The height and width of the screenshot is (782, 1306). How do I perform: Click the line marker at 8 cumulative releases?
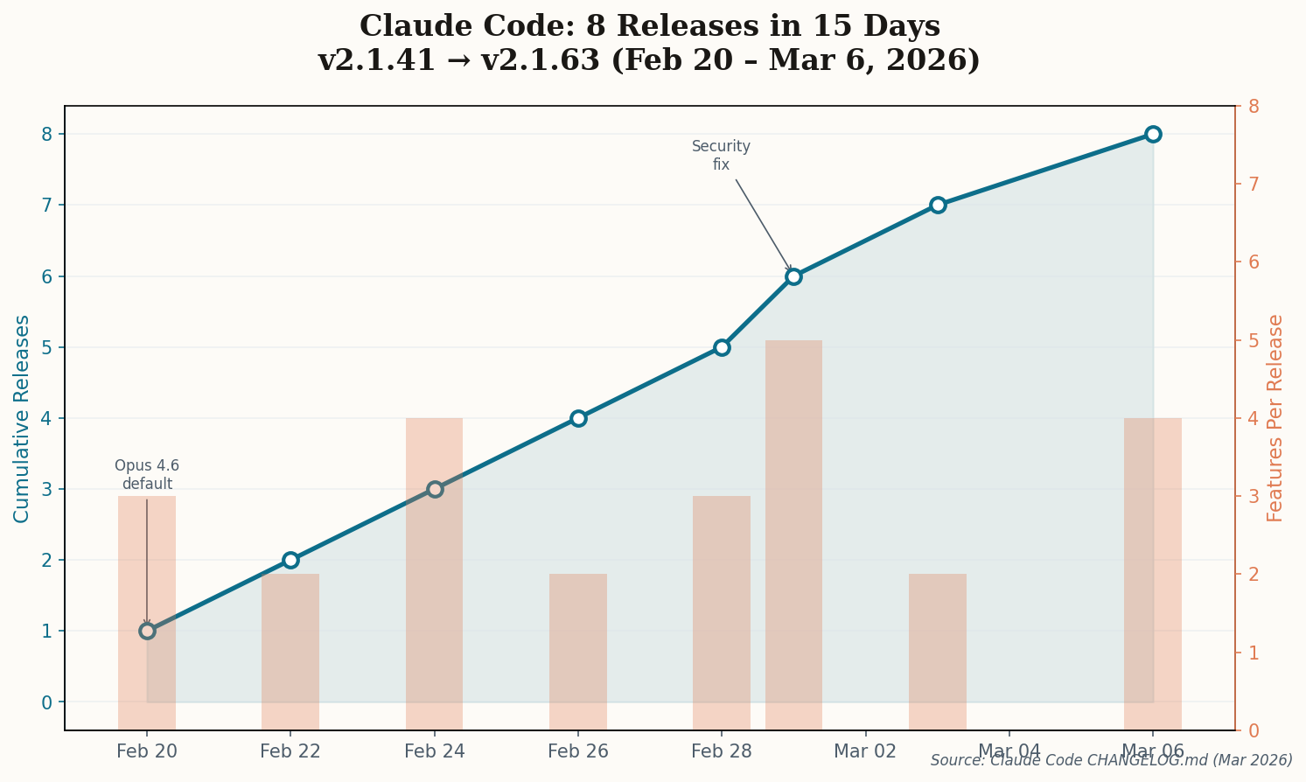pyautogui.click(x=1153, y=134)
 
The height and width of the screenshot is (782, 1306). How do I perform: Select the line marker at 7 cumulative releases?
pyautogui.click(x=938, y=205)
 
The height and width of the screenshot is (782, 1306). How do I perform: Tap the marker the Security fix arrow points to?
pyautogui.click(x=793, y=276)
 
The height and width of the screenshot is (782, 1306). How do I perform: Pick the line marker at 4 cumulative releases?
pyautogui.click(x=578, y=418)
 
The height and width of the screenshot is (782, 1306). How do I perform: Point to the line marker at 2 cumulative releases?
pyautogui.click(x=290, y=560)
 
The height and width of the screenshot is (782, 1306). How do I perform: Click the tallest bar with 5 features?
pyautogui.click(x=793, y=534)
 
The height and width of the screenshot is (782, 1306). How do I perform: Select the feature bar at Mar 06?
pyautogui.click(x=1153, y=573)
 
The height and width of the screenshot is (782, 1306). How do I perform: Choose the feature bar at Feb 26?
pyautogui.click(x=578, y=652)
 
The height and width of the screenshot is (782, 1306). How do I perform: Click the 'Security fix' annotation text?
pyautogui.click(x=721, y=156)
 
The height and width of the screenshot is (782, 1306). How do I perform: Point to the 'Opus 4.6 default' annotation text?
pyautogui.click(x=147, y=475)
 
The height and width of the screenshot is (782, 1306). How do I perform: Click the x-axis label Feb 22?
pyautogui.click(x=290, y=751)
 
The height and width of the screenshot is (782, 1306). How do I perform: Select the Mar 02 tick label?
pyautogui.click(x=865, y=751)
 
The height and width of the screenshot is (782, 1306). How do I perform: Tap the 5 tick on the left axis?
pyautogui.click(x=46, y=347)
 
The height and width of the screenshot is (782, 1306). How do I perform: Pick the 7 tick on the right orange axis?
pyautogui.click(x=1253, y=184)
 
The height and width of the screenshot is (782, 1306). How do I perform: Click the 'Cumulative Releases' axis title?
pyautogui.click(x=22, y=418)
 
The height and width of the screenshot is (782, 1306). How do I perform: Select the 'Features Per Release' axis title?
pyautogui.click(x=1275, y=418)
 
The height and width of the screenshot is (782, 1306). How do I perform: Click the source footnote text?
pyautogui.click(x=1111, y=760)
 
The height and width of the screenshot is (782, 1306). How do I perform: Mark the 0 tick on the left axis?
pyautogui.click(x=46, y=702)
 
